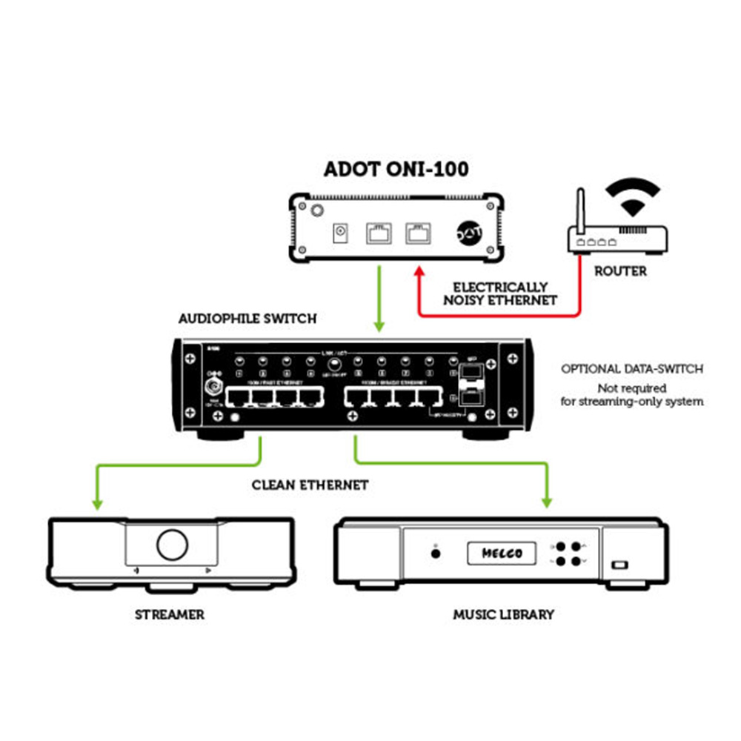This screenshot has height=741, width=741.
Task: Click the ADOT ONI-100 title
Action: pyautogui.click(x=396, y=169)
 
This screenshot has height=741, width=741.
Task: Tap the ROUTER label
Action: pyautogui.click(x=620, y=271)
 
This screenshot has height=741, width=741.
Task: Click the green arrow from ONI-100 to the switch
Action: pyautogui.click(x=379, y=296)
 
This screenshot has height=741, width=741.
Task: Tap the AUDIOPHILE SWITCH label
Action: pyautogui.click(x=247, y=319)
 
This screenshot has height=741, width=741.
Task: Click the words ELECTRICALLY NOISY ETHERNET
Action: pyautogui.click(x=501, y=293)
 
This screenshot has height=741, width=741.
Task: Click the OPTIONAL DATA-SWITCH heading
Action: pyautogui.click(x=632, y=368)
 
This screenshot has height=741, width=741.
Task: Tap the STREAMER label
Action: pyautogui.click(x=170, y=614)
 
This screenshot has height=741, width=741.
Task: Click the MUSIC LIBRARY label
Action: pyautogui.click(x=503, y=614)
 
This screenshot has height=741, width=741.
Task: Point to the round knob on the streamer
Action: pyautogui.click(x=172, y=545)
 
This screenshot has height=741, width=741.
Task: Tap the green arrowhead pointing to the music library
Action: pyautogui.click(x=548, y=502)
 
